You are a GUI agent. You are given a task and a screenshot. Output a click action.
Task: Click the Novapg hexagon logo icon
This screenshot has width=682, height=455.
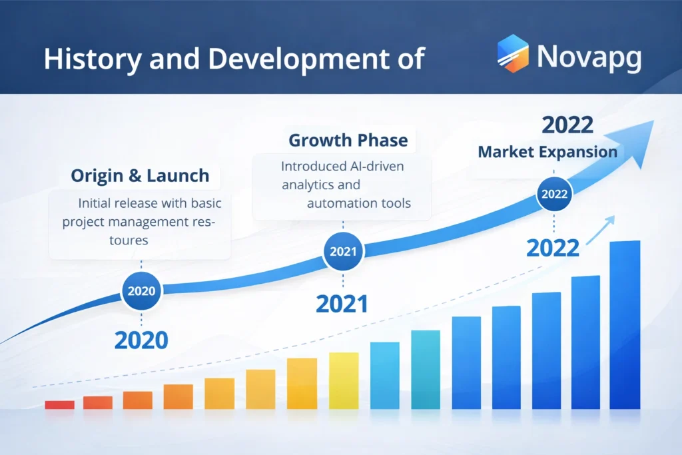(x=512, y=54)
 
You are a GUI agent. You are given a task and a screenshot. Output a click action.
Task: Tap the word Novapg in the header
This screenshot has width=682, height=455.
(x=589, y=57)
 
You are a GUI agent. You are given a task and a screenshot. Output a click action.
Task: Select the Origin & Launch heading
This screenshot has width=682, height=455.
(x=140, y=176)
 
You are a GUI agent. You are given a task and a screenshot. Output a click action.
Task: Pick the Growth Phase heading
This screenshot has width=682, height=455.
(x=348, y=141)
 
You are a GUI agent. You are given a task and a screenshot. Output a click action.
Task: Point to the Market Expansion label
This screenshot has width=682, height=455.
(x=547, y=151)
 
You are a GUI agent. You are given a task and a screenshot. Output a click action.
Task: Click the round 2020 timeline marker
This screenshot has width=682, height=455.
(x=141, y=291)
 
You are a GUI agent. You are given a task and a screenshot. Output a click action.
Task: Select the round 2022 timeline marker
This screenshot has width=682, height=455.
(x=554, y=195)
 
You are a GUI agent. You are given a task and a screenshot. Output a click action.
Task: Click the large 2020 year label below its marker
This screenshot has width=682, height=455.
(x=141, y=340)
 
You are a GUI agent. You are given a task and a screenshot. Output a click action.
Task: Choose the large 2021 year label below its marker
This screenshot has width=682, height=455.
(x=342, y=304)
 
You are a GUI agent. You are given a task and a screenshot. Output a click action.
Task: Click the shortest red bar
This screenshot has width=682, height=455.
(x=59, y=404)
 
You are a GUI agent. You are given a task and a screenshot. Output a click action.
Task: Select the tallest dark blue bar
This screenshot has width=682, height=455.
(x=625, y=324)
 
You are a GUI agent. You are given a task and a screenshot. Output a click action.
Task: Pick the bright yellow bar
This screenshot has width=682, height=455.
(x=344, y=380)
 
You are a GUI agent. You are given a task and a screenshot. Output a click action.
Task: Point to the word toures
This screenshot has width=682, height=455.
(x=129, y=240)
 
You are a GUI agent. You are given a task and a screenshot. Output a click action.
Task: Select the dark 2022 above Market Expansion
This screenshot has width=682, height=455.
(x=569, y=125)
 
